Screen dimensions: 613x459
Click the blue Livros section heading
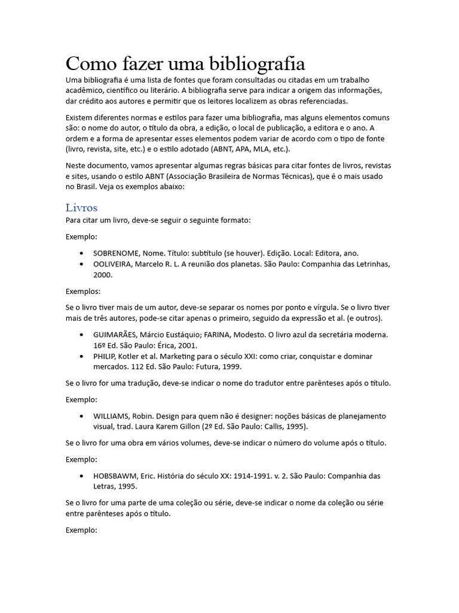pos(81,208)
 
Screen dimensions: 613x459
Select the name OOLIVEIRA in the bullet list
pos(114,264)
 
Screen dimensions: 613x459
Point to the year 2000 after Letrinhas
pos(103,275)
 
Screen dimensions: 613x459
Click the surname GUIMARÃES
pos(115,334)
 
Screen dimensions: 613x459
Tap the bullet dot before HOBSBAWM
pos(81,476)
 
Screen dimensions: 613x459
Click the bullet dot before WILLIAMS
pos(81,416)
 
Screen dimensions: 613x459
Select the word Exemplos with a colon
pos(83,292)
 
